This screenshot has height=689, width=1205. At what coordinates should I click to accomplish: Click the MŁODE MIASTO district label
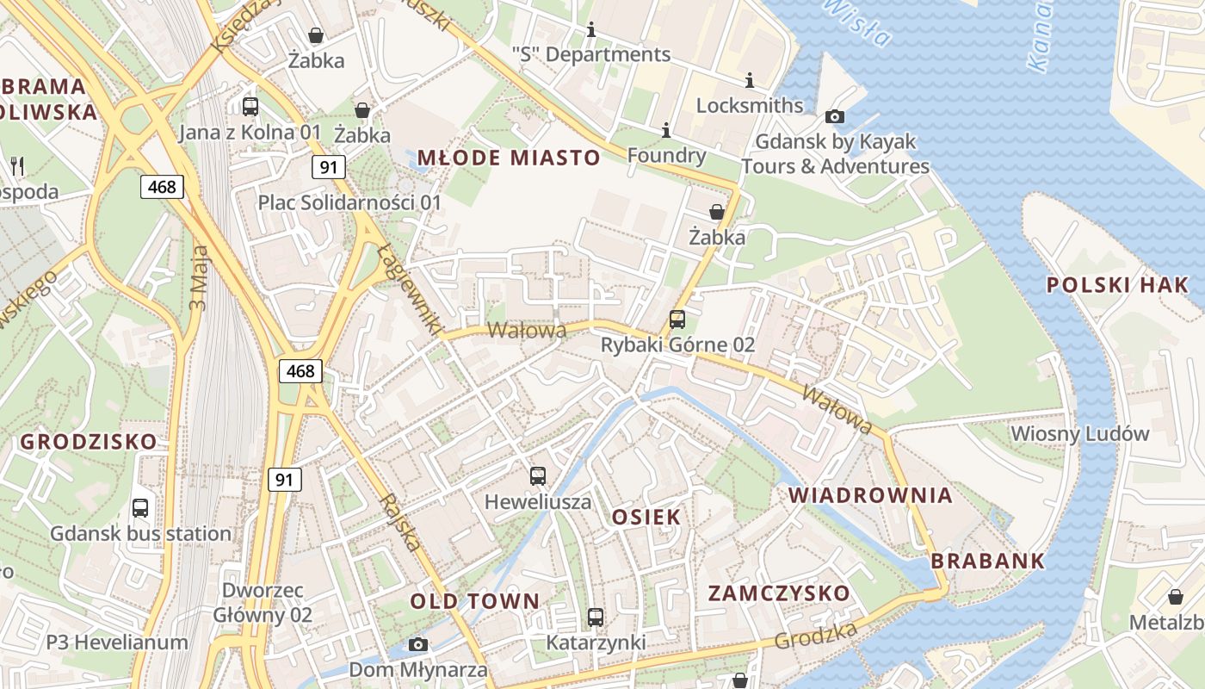(x=508, y=158)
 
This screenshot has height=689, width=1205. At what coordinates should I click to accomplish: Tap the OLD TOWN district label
(x=474, y=601)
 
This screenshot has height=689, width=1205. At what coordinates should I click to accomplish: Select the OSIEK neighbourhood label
(x=646, y=517)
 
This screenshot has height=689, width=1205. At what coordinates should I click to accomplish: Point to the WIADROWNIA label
(x=871, y=495)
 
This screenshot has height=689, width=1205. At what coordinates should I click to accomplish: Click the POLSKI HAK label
(x=1116, y=285)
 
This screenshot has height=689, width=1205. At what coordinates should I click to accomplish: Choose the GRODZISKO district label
(x=89, y=442)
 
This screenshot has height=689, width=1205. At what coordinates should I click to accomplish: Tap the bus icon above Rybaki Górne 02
(x=677, y=320)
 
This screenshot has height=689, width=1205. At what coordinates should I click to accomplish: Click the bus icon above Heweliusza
(x=538, y=475)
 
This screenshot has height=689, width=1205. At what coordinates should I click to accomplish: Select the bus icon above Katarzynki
(x=596, y=617)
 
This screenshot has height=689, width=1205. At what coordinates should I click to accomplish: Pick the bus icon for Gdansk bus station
(x=140, y=508)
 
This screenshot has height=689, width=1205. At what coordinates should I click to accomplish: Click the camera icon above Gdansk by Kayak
(x=834, y=116)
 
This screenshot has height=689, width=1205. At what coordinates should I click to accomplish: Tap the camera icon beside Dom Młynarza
(x=418, y=644)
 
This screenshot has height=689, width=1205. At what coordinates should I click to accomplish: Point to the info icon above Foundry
(x=665, y=131)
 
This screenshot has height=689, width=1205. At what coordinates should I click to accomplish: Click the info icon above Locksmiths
(x=750, y=81)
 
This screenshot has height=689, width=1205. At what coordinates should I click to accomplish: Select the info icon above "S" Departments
(x=590, y=30)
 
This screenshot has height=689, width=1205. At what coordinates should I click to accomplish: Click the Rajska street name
(x=400, y=522)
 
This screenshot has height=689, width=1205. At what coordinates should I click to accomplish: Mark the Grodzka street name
(x=816, y=636)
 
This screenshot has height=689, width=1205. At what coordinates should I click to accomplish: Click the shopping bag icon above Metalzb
(x=1175, y=596)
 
